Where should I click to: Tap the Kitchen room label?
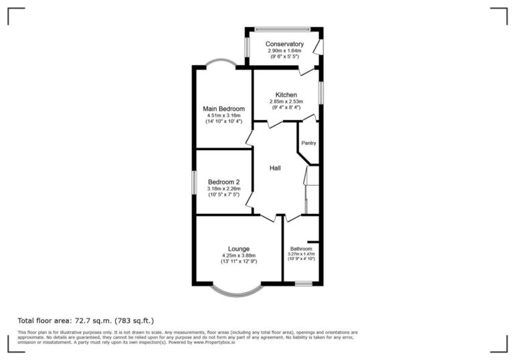pyautogui.click(x=285, y=95)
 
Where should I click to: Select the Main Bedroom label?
pyautogui.click(x=223, y=109)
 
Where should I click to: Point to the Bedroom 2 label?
pyautogui.click(x=223, y=182)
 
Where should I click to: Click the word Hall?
pyautogui.click(x=275, y=168)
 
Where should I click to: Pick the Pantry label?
pyautogui.click(x=308, y=143)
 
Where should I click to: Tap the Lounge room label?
pyautogui.click(x=238, y=249)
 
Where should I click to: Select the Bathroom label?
pyautogui.click(x=302, y=249)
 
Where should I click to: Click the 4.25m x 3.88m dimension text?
pyautogui.click(x=238, y=255)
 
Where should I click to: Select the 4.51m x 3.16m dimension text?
pyautogui.click(x=223, y=116)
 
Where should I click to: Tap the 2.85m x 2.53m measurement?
pyautogui.click(x=285, y=101)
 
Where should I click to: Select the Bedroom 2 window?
pyautogui.click(x=194, y=182)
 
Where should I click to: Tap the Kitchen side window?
pyautogui.click(x=321, y=93)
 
